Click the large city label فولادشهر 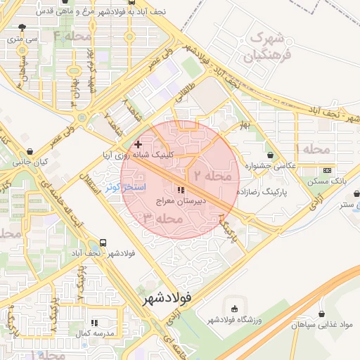(x=167, y=299)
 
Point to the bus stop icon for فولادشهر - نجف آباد (x=103, y=242)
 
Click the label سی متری (x=21, y=40)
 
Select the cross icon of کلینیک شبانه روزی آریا (x=138, y=143)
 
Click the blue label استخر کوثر (x=125, y=188)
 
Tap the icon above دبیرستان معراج (x=181, y=190)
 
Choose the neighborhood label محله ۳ (x=162, y=219)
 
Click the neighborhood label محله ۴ (x=72, y=35)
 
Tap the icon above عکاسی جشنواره (x=271, y=155)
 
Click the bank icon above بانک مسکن (x=327, y=170)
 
